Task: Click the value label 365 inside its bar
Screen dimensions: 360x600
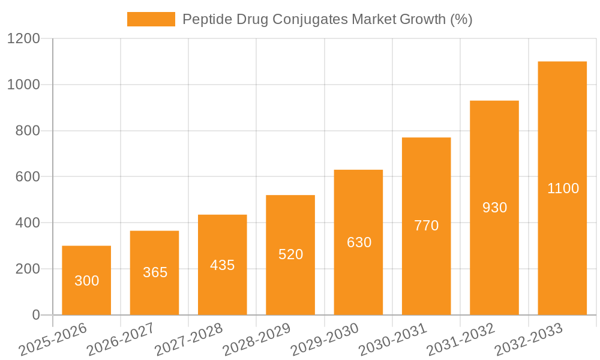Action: [155, 272]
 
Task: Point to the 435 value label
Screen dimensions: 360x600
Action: [223, 265]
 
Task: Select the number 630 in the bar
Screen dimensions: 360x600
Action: [359, 242]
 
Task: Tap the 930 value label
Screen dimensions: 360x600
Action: [494, 208]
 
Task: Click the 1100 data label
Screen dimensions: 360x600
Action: [563, 188]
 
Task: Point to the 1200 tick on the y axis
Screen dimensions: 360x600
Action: [23, 39]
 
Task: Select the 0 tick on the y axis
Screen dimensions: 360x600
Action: [35, 315]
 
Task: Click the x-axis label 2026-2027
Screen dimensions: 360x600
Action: [120, 340]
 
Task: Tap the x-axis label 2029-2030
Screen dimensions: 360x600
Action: [324, 340]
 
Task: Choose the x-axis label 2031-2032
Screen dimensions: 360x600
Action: [460, 340]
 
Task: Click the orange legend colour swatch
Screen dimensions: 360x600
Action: [151, 19]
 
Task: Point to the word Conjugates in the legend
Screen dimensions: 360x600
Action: [309, 19]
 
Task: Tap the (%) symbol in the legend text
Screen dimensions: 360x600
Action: [461, 19]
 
